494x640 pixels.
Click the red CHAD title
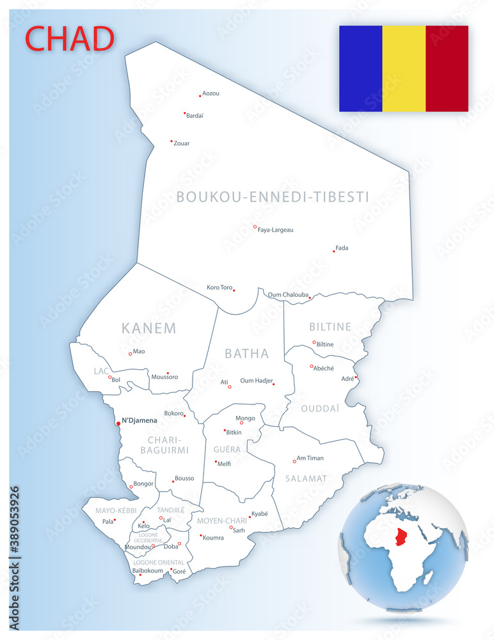click(69, 38)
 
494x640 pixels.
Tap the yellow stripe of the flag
click(404, 68)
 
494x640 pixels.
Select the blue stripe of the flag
click(360, 68)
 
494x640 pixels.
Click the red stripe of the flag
click(447, 68)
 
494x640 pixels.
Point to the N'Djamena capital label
click(139, 420)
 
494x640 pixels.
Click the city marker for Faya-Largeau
click(255, 227)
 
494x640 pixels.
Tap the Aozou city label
click(211, 93)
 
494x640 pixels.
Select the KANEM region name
click(148, 328)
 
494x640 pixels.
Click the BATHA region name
click(247, 354)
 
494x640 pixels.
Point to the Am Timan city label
click(310, 458)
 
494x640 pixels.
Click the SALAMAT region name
click(306, 478)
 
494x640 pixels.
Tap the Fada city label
click(342, 248)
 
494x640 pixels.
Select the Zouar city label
click(182, 143)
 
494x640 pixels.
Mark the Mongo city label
click(245, 418)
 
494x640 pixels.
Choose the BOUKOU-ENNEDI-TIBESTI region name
click(273, 197)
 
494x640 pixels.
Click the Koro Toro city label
click(219, 287)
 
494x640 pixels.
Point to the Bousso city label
click(184, 478)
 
